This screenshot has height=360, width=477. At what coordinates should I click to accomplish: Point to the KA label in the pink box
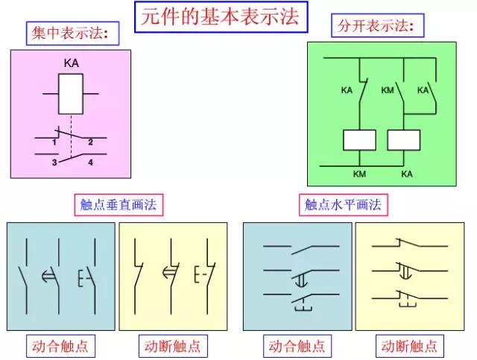click(x=71, y=64)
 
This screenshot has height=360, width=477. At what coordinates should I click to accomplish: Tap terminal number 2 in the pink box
click(x=90, y=142)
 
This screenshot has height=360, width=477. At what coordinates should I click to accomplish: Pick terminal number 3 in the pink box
click(x=53, y=161)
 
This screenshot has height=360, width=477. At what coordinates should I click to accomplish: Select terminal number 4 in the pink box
click(x=90, y=161)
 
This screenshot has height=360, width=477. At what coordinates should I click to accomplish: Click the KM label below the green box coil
click(x=360, y=174)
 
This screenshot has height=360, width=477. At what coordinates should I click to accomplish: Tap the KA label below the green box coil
click(x=407, y=174)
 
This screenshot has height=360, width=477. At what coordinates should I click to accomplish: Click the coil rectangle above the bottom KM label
click(x=359, y=139)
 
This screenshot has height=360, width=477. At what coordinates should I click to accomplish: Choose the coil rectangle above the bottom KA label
click(x=404, y=139)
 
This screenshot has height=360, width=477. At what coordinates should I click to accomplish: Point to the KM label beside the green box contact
click(x=387, y=91)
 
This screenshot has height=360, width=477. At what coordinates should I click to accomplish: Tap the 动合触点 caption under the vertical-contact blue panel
click(x=63, y=346)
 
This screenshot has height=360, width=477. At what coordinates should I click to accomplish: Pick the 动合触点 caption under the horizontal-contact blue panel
click(x=296, y=346)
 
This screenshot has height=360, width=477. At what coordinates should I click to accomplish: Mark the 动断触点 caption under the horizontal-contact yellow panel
click(x=409, y=346)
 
